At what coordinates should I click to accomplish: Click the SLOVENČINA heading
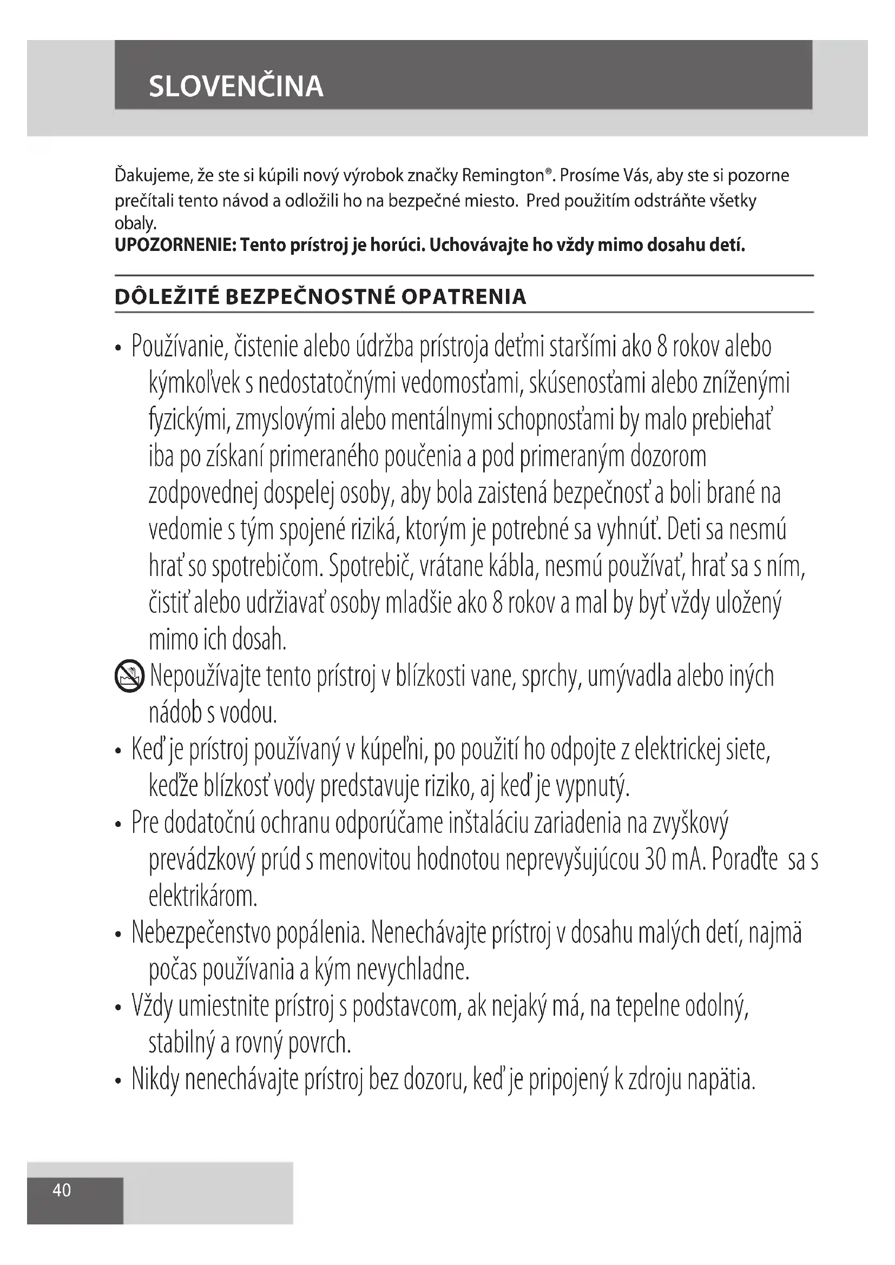click(236, 87)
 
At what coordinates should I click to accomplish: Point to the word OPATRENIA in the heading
click(464, 297)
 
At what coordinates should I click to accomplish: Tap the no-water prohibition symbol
click(129, 677)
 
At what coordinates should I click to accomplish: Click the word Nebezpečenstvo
click(201, 933)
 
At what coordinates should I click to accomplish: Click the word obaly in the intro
click(135, 224)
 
